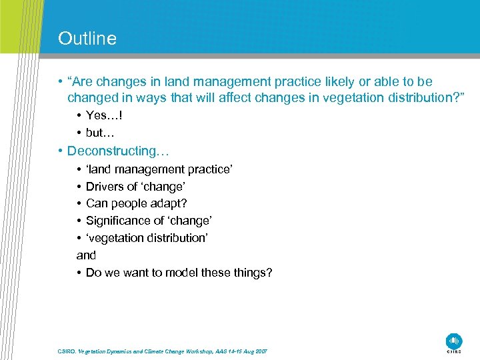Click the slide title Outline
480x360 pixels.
(87, 39)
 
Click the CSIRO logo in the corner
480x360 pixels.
(454, 341)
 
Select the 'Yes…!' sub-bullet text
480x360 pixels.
(104, 115)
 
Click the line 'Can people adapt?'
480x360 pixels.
(136, 203)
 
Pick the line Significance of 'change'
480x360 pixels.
(148, 221)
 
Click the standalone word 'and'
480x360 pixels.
(86, 255)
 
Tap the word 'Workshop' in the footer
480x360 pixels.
(194, 351)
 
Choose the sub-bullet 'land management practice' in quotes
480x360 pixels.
(159, 169)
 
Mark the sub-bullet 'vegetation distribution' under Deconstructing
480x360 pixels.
(147, 238)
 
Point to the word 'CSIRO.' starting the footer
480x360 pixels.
(66, 351)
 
